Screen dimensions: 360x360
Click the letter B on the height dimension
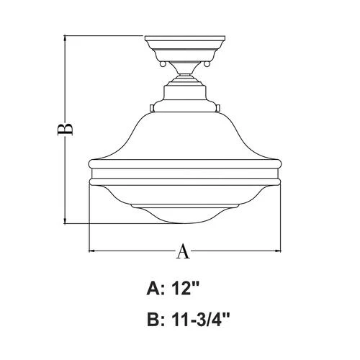(x=66, y=128)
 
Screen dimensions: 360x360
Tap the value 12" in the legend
(x=185, y=289)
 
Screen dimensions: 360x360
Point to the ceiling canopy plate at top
(x=184, y=45)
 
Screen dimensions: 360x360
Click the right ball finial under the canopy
(x=206, y=65)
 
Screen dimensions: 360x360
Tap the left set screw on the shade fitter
(x=150, y=108)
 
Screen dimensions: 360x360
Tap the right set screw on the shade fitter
(x=218, y=108)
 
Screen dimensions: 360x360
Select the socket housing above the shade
(x=184, y=94)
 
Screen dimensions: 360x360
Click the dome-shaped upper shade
(x=184, y=137)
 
